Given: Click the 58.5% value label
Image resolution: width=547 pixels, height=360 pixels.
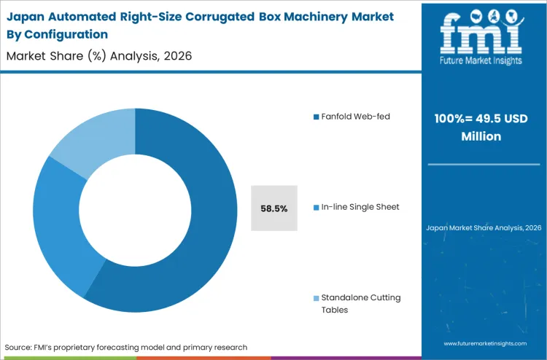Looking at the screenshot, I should [x=273, y=208].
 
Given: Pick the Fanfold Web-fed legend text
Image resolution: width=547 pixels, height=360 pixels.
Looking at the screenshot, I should [x=355, y=117].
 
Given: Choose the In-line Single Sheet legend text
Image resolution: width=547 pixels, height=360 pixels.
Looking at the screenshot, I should [x=360, y=207].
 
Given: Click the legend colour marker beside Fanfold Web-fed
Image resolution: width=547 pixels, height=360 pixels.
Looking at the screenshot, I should [x=316, y=117].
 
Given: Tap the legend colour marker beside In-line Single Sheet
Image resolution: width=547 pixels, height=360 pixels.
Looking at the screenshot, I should [x=316, y=207].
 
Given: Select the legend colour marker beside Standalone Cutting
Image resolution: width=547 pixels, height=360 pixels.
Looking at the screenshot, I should [x=316, y=298].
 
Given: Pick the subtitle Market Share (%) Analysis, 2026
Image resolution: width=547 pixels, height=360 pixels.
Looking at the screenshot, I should [x=99, y=56].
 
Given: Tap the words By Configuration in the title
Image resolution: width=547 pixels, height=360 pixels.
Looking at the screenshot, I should [x=57, y=34].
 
